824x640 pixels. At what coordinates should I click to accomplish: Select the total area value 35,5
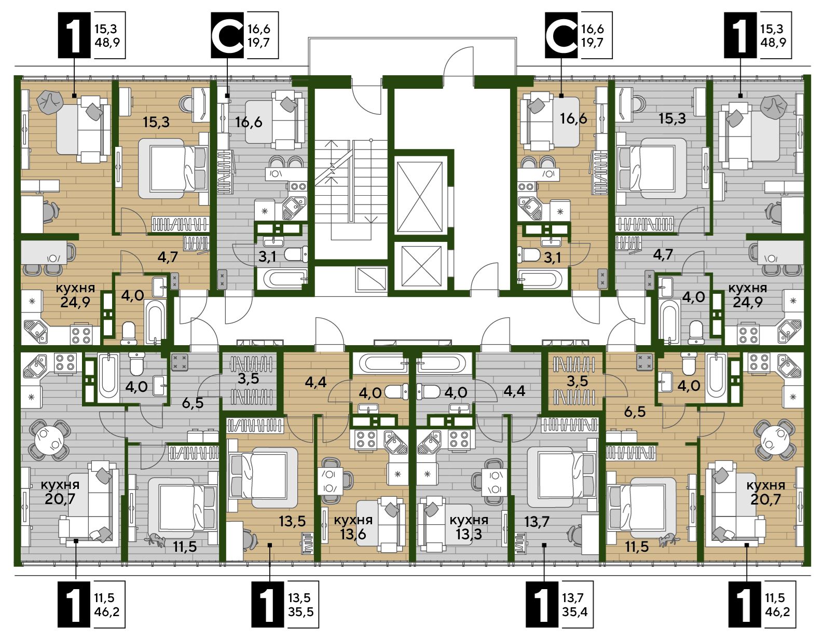[301, 611]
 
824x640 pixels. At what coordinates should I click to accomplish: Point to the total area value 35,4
[575, 611]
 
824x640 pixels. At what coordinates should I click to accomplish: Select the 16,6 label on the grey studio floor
[249, 122]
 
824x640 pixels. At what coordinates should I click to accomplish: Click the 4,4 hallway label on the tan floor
[315, 383]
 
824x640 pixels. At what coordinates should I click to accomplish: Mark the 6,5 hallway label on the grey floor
[193, 403]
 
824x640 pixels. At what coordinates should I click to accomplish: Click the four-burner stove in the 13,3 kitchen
[459, 439]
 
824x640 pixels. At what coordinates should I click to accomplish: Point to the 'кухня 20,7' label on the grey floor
[60, 492]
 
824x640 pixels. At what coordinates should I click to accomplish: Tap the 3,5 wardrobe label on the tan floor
[577, 381]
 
